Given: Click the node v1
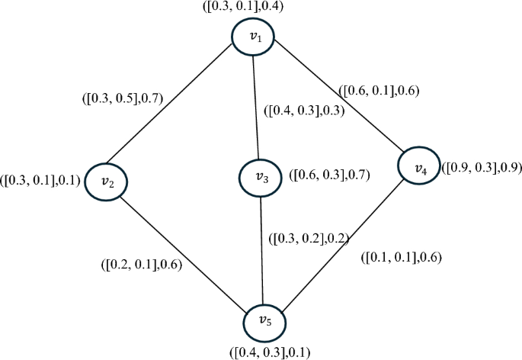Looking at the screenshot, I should (x=254, y=37).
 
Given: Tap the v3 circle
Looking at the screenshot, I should (x=260, y=177).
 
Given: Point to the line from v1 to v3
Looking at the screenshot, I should (x=257, y=107).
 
